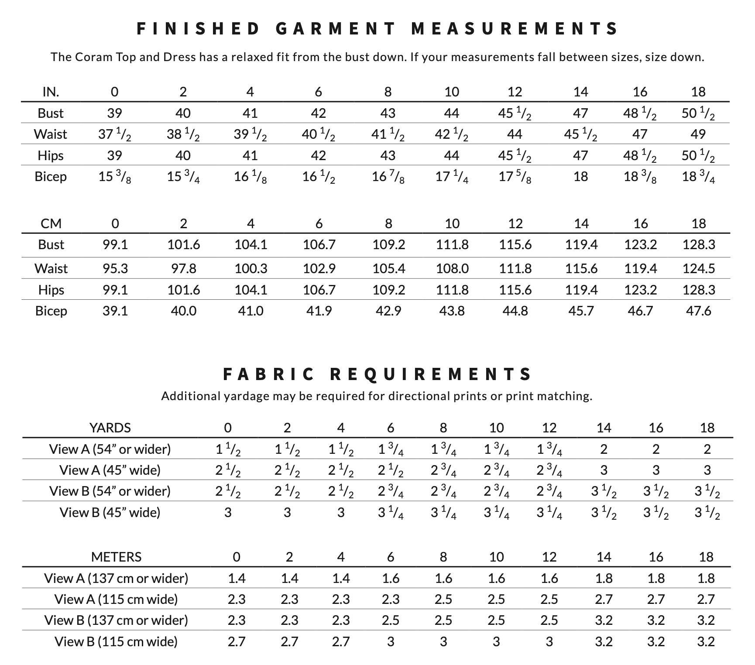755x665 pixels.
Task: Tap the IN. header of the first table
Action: [51, 92]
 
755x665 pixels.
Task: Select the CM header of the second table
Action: [51, 223]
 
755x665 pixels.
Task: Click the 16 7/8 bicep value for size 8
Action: [388, 177]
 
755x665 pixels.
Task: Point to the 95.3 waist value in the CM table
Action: [115, 268]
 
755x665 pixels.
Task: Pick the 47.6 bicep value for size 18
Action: [699, 311]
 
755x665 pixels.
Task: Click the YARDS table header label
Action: [110, 428]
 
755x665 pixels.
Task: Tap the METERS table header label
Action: [116, 557]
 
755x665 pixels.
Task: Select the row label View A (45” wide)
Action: [110, 470]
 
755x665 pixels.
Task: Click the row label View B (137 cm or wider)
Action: [116, 620]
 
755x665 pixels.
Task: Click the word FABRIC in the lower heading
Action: [268, 374]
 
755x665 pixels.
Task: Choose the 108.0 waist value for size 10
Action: [453, 268]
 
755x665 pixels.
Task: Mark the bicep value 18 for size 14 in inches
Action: [581, 177]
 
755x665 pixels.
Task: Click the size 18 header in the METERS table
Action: [706, 557]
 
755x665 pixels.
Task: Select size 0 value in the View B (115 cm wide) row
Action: [237, 641]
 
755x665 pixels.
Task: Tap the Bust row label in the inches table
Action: [51, 113]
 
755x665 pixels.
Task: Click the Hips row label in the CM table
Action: [51, 290]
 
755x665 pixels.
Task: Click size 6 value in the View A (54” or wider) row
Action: [391, 449]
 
